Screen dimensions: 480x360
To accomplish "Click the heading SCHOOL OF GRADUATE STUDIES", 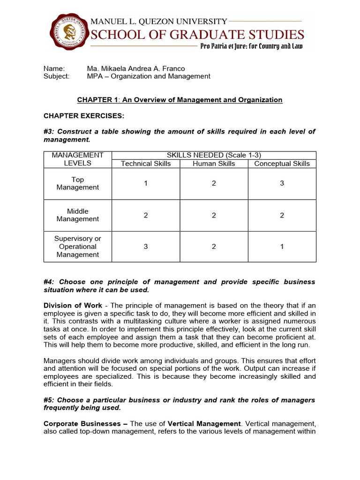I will click(x=197, y=34).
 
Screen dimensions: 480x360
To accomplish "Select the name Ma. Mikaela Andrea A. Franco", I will click(x=135, y=68).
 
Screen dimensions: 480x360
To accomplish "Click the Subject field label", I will click(x=56, y=76).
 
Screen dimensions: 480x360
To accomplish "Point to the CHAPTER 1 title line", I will click(x=180, y=100).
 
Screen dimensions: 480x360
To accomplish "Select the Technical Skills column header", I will click(x=146, y=164).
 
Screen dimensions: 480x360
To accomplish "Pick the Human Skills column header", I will click(x=214, y=164).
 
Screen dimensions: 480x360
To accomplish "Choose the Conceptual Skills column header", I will click(x=282, y=164).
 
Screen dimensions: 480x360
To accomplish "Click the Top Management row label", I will click(x=78, y=183).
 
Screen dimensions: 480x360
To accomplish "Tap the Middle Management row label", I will click(x=78, y=215).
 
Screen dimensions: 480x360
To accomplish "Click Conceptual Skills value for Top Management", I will click(x=282, y=183).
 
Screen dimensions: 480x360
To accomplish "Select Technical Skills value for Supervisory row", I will click(x=146, y=247).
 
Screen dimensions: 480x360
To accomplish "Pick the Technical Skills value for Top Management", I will click(x=146, y=183).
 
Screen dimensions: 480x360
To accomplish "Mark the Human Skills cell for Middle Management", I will click(x=214, y=215).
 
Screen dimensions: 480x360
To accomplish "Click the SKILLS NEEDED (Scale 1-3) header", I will click(x=214, y=155).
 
